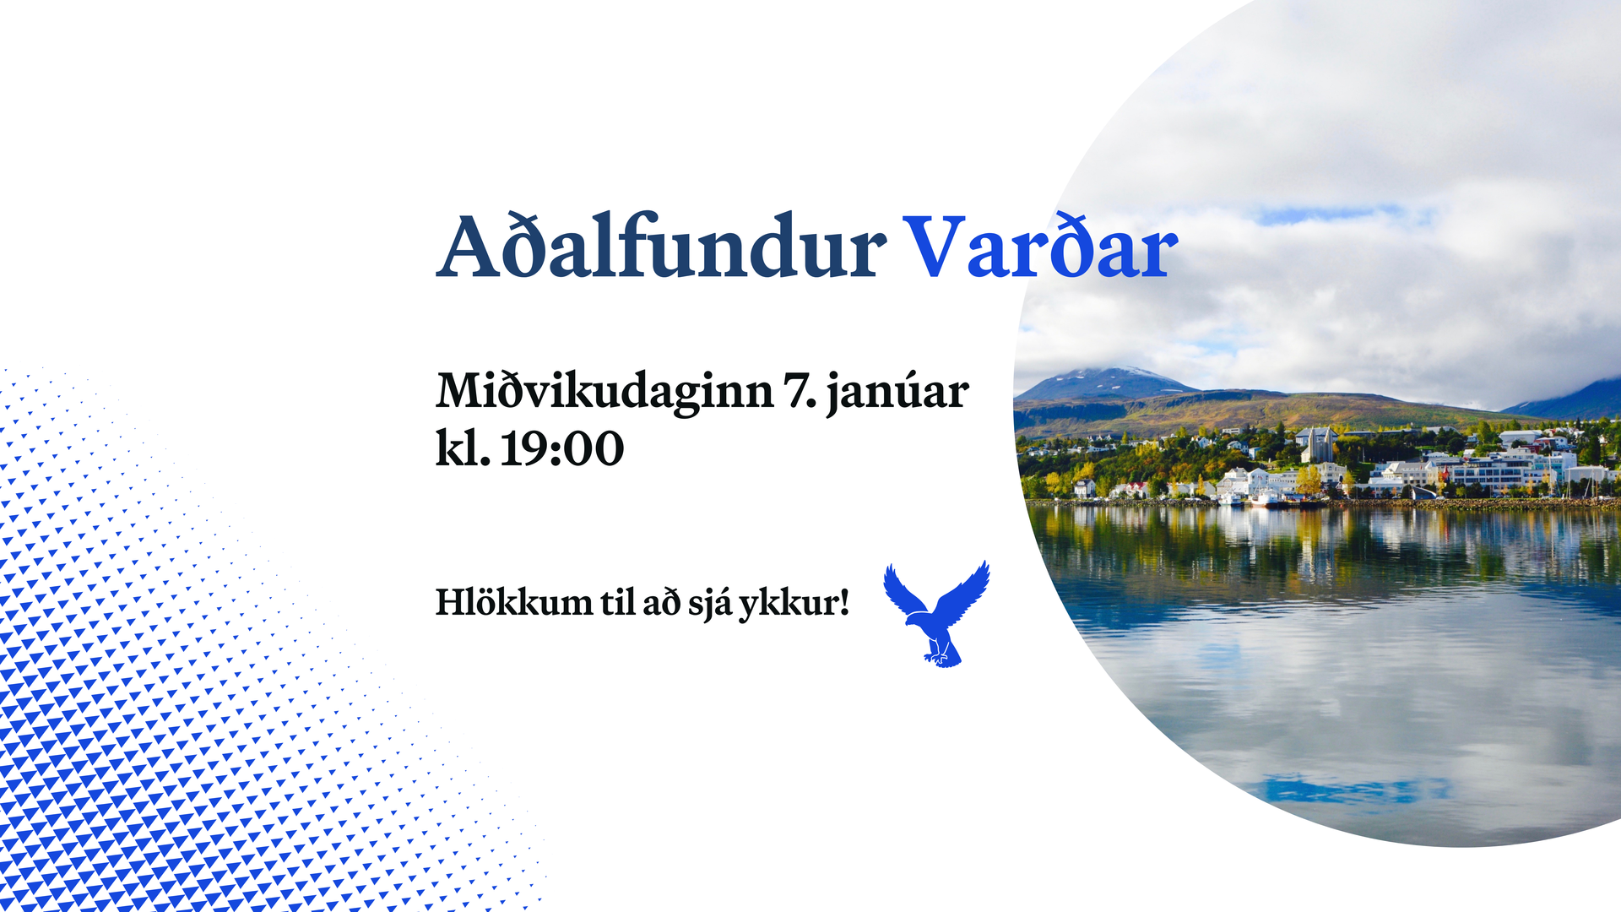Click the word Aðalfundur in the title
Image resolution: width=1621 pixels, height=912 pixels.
(661, 246)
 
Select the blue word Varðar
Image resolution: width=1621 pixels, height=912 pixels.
(1040, 246)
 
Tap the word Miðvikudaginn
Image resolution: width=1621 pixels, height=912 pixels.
(604, 391)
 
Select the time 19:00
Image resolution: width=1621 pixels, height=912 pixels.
(562, 448)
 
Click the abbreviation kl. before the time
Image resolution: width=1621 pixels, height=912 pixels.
(463, 448)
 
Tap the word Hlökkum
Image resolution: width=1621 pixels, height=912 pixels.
(513, 602)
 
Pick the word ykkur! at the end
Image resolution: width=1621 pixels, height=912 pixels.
(794, 603)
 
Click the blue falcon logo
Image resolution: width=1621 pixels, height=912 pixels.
(937, 614)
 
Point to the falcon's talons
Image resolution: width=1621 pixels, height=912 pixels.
(939, 656)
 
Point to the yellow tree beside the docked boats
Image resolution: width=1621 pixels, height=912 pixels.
(1309, 480)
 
